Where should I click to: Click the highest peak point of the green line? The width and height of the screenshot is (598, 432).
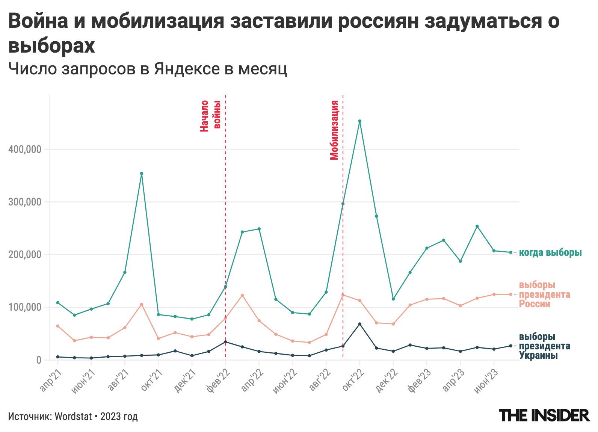click(x=359, y=121)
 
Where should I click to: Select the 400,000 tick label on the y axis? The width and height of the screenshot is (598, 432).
click(x=24, y=150)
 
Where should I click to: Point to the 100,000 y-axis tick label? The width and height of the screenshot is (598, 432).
click(x=24, y=307)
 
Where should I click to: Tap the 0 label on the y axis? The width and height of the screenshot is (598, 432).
click(x=39, y=360)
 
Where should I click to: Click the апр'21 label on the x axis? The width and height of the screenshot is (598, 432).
click(x=50, y=380)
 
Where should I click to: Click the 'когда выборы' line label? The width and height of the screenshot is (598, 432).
click(x=550, y=252)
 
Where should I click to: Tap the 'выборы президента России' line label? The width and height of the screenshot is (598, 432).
click(x=544, y=295)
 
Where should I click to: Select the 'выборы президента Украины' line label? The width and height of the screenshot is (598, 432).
click(x=544, y=346)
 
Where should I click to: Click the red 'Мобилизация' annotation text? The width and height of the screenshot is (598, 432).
click(x=334, y=130)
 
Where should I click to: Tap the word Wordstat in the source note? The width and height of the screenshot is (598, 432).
click(x=73, y=416)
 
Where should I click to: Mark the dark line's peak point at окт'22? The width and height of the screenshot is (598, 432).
click(x=359, y=324)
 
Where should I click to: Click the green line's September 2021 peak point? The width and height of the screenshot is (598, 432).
click(x=142, y=174)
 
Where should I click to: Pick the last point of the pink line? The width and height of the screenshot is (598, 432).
click(x=510, y=294)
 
